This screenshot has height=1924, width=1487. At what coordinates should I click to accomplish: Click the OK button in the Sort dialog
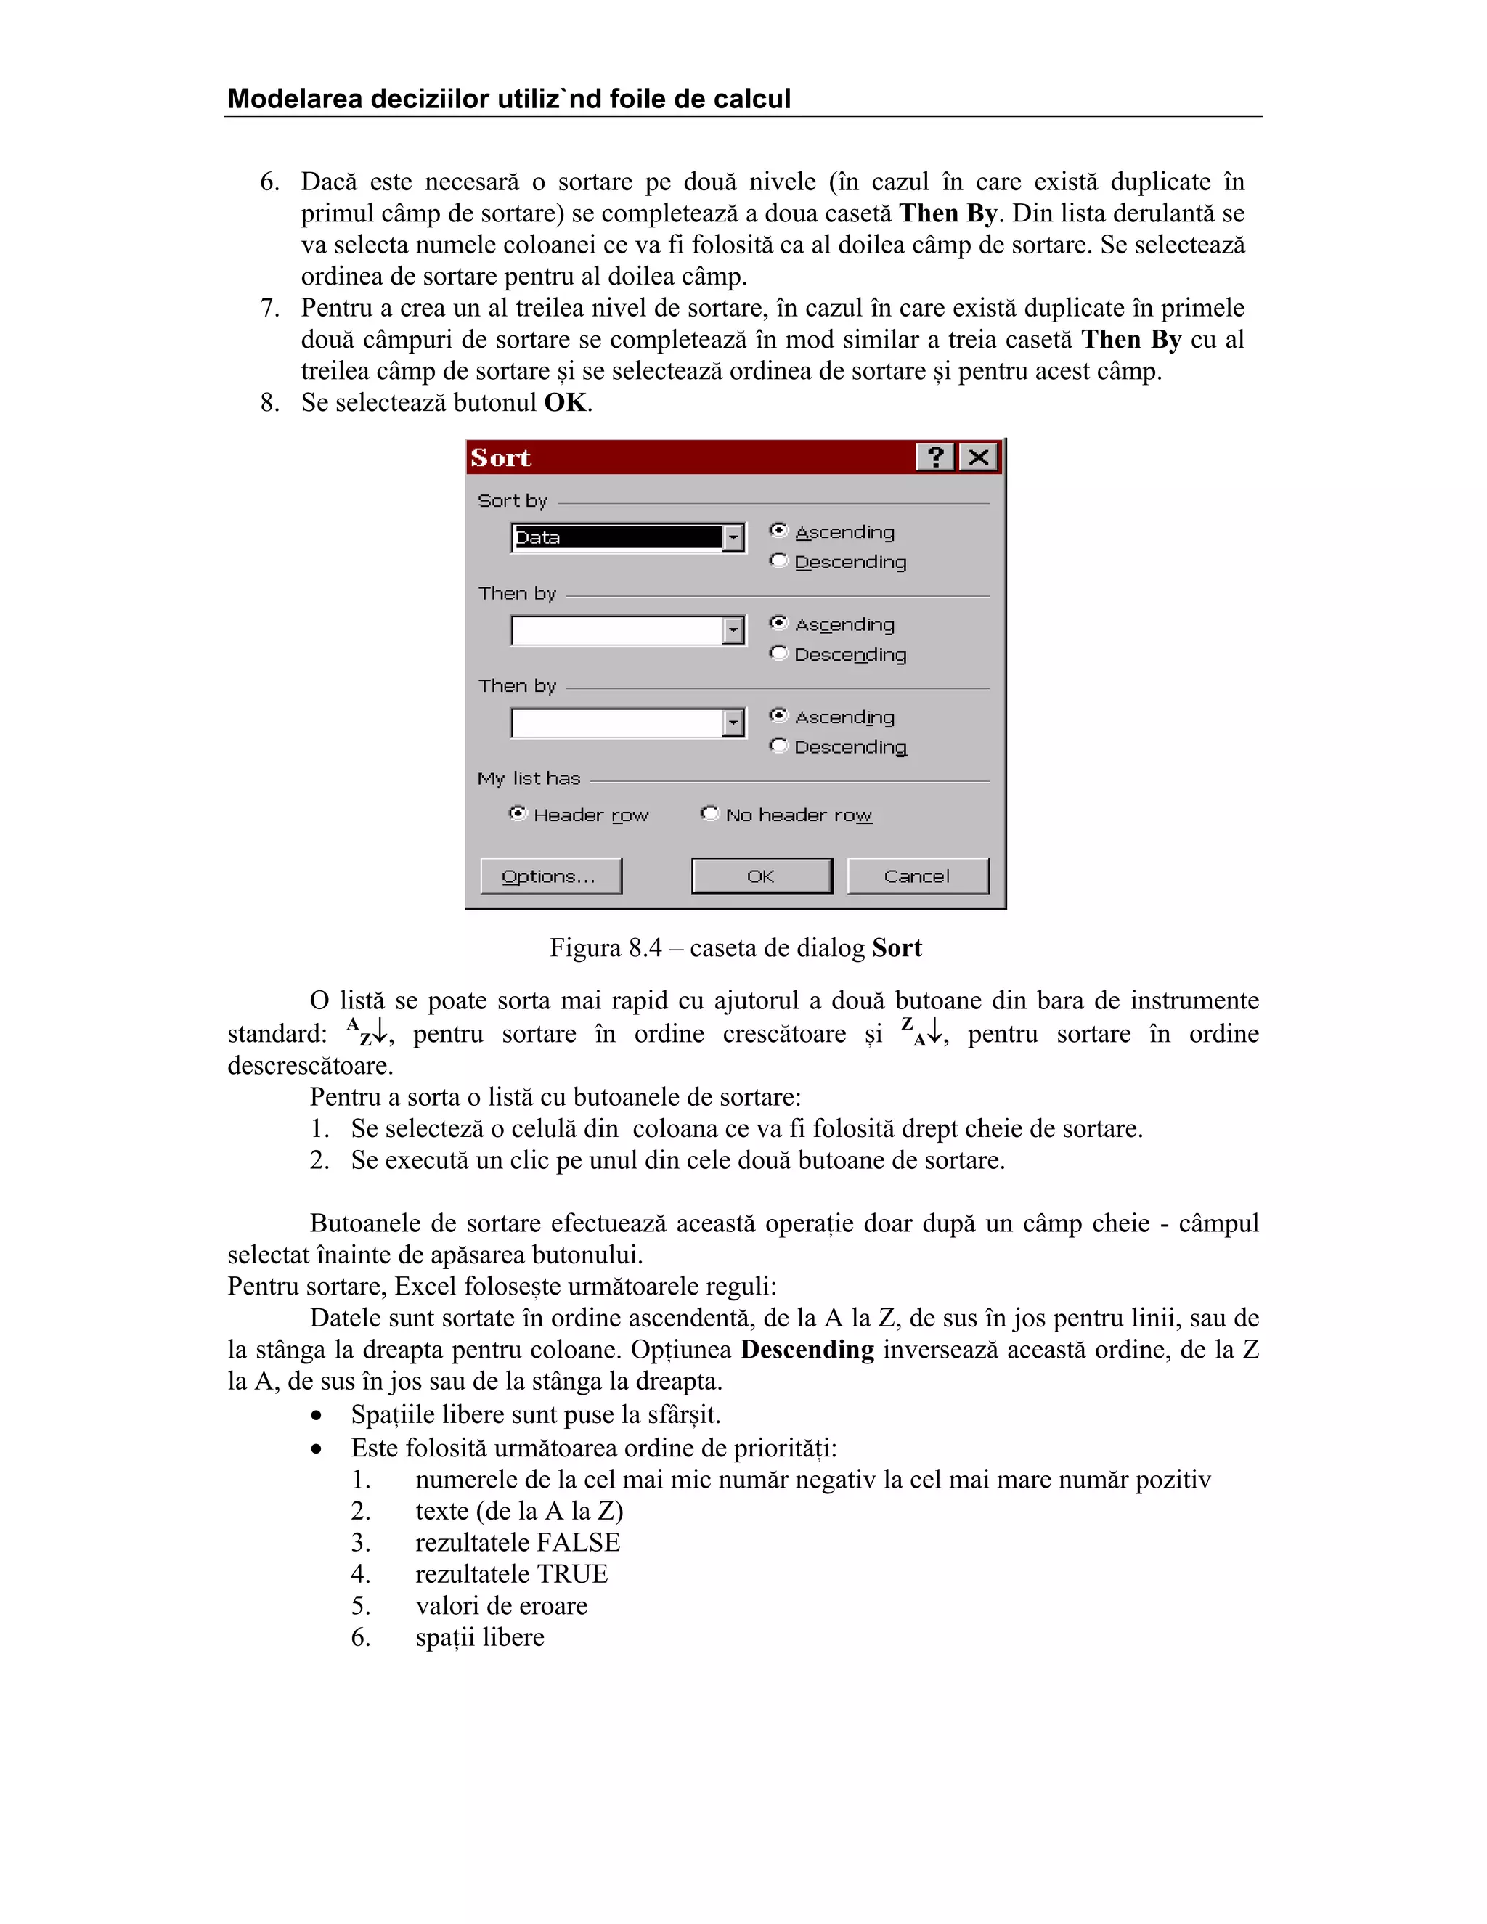(761, 876)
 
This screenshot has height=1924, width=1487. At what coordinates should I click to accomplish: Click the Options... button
(550, 876)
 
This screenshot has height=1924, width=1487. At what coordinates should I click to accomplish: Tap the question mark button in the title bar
(935, 457)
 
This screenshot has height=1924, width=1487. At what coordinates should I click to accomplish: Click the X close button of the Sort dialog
(978, 457)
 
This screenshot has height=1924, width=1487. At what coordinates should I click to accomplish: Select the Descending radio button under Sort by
(779, 561)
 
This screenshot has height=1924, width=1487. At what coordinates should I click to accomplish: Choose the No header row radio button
(710, 814)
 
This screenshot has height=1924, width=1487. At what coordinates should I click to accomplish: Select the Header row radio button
(518, 814)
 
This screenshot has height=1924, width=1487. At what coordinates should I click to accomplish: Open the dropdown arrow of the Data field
(733, 537)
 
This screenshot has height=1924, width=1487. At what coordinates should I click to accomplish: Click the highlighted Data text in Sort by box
(537, 537)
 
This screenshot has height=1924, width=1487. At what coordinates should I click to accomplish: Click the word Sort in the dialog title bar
(500, 458)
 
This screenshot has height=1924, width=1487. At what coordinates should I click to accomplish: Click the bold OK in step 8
(565, 403)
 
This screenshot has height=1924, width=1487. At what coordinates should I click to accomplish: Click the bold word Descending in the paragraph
(807, 1350)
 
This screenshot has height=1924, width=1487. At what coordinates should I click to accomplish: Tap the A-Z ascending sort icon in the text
(367, 1032)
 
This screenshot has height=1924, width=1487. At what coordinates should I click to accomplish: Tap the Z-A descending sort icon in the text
(921, 1032)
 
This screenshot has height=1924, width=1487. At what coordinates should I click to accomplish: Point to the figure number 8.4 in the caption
(645, 948)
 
